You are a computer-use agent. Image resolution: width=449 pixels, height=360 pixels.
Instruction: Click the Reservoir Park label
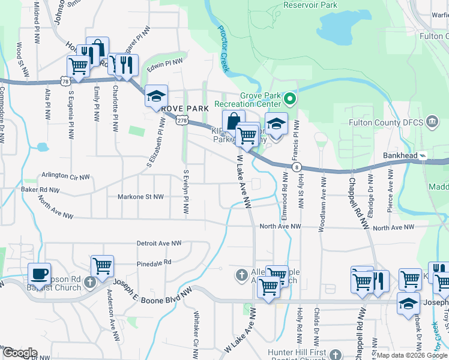(x=311, y=5)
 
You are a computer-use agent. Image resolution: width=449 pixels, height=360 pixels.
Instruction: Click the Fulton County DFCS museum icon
(x=432, y=123)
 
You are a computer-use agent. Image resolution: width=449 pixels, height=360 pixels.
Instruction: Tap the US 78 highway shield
(x=64, y=81)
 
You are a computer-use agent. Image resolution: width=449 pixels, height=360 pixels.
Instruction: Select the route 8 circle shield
(x=297, y=167)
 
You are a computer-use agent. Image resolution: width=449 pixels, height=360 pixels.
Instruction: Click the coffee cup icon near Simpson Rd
(x=40, y=274)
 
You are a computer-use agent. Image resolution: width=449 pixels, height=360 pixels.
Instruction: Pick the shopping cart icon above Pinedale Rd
(x=102, y=264)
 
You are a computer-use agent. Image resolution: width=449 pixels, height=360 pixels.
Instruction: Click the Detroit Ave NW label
(x=159, y=243)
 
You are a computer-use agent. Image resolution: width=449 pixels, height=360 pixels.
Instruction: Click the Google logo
(x=19, y=353)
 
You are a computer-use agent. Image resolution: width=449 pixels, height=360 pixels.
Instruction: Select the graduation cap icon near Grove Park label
(x=156, y=95)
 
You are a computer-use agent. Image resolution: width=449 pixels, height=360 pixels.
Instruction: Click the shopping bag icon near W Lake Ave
(x=233, y=121)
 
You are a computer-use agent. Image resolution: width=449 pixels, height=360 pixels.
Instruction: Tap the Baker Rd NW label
(x=41, y=190)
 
